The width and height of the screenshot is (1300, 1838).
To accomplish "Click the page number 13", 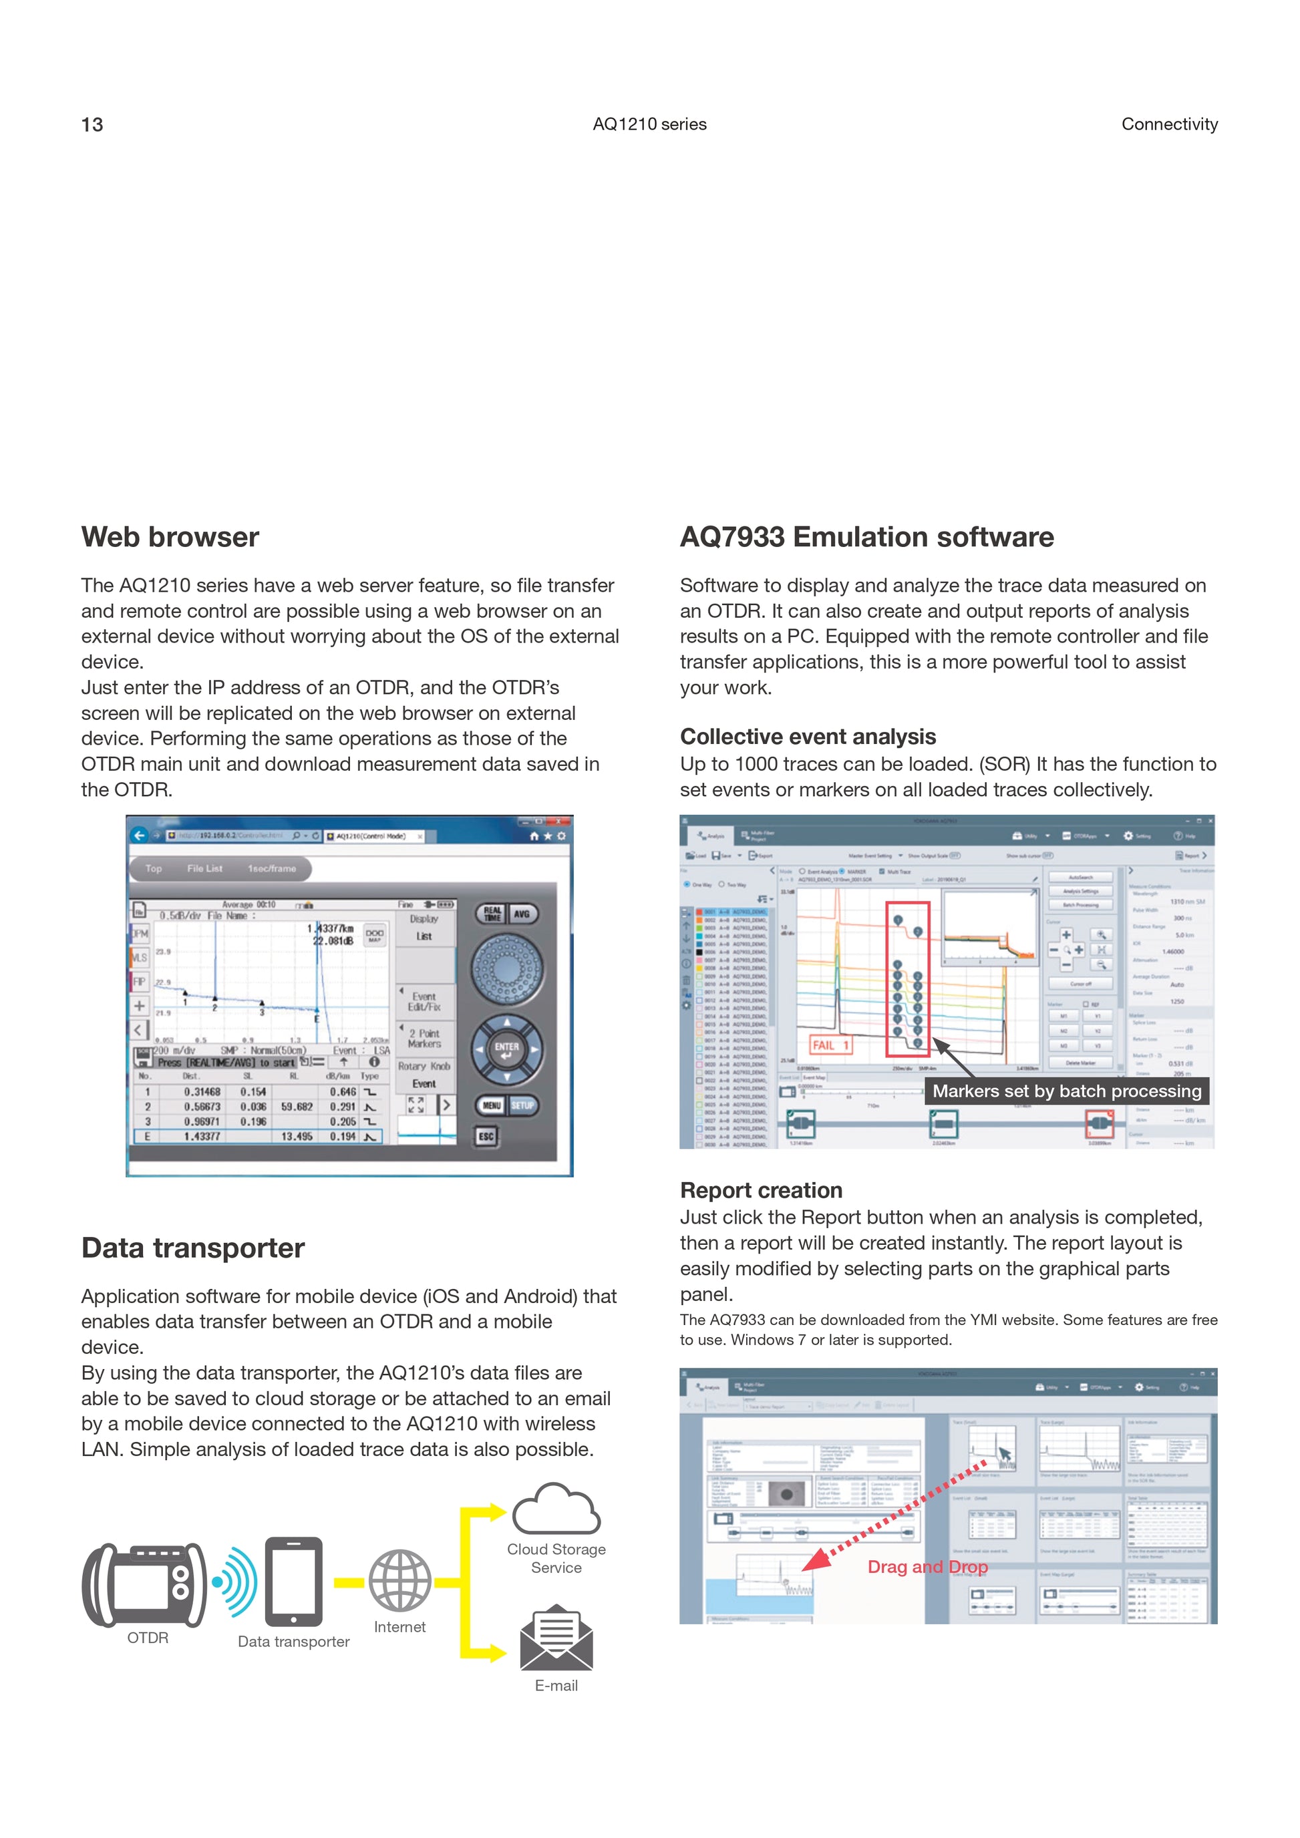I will coord(92,125).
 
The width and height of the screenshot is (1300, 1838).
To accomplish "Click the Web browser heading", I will coord(170,537).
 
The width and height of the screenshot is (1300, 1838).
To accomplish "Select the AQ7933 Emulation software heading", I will coord(866,537).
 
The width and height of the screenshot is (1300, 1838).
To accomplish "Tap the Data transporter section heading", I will coord(193,1248).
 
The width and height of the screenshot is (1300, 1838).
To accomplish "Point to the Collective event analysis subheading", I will coord(808,737).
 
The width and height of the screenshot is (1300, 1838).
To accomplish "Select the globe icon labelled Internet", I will coord(399,1581).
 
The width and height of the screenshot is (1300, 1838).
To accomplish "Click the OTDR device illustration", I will coord(145,1585).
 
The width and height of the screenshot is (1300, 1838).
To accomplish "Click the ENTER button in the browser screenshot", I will coord(507,1049).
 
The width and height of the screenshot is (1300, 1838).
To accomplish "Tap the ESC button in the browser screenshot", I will coord(486,1136).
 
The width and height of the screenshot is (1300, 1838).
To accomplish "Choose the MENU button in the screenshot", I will coord(492,1105).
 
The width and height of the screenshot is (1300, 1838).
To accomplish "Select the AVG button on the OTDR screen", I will coord(522,914).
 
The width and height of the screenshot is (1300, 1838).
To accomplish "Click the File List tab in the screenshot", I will coord(205,868).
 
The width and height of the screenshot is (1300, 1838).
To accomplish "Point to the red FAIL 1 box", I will coord(830,1045).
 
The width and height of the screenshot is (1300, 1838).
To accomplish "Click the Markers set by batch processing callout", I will coord(1066,1091).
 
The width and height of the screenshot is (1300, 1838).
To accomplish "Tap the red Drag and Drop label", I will coord(927,1567).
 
